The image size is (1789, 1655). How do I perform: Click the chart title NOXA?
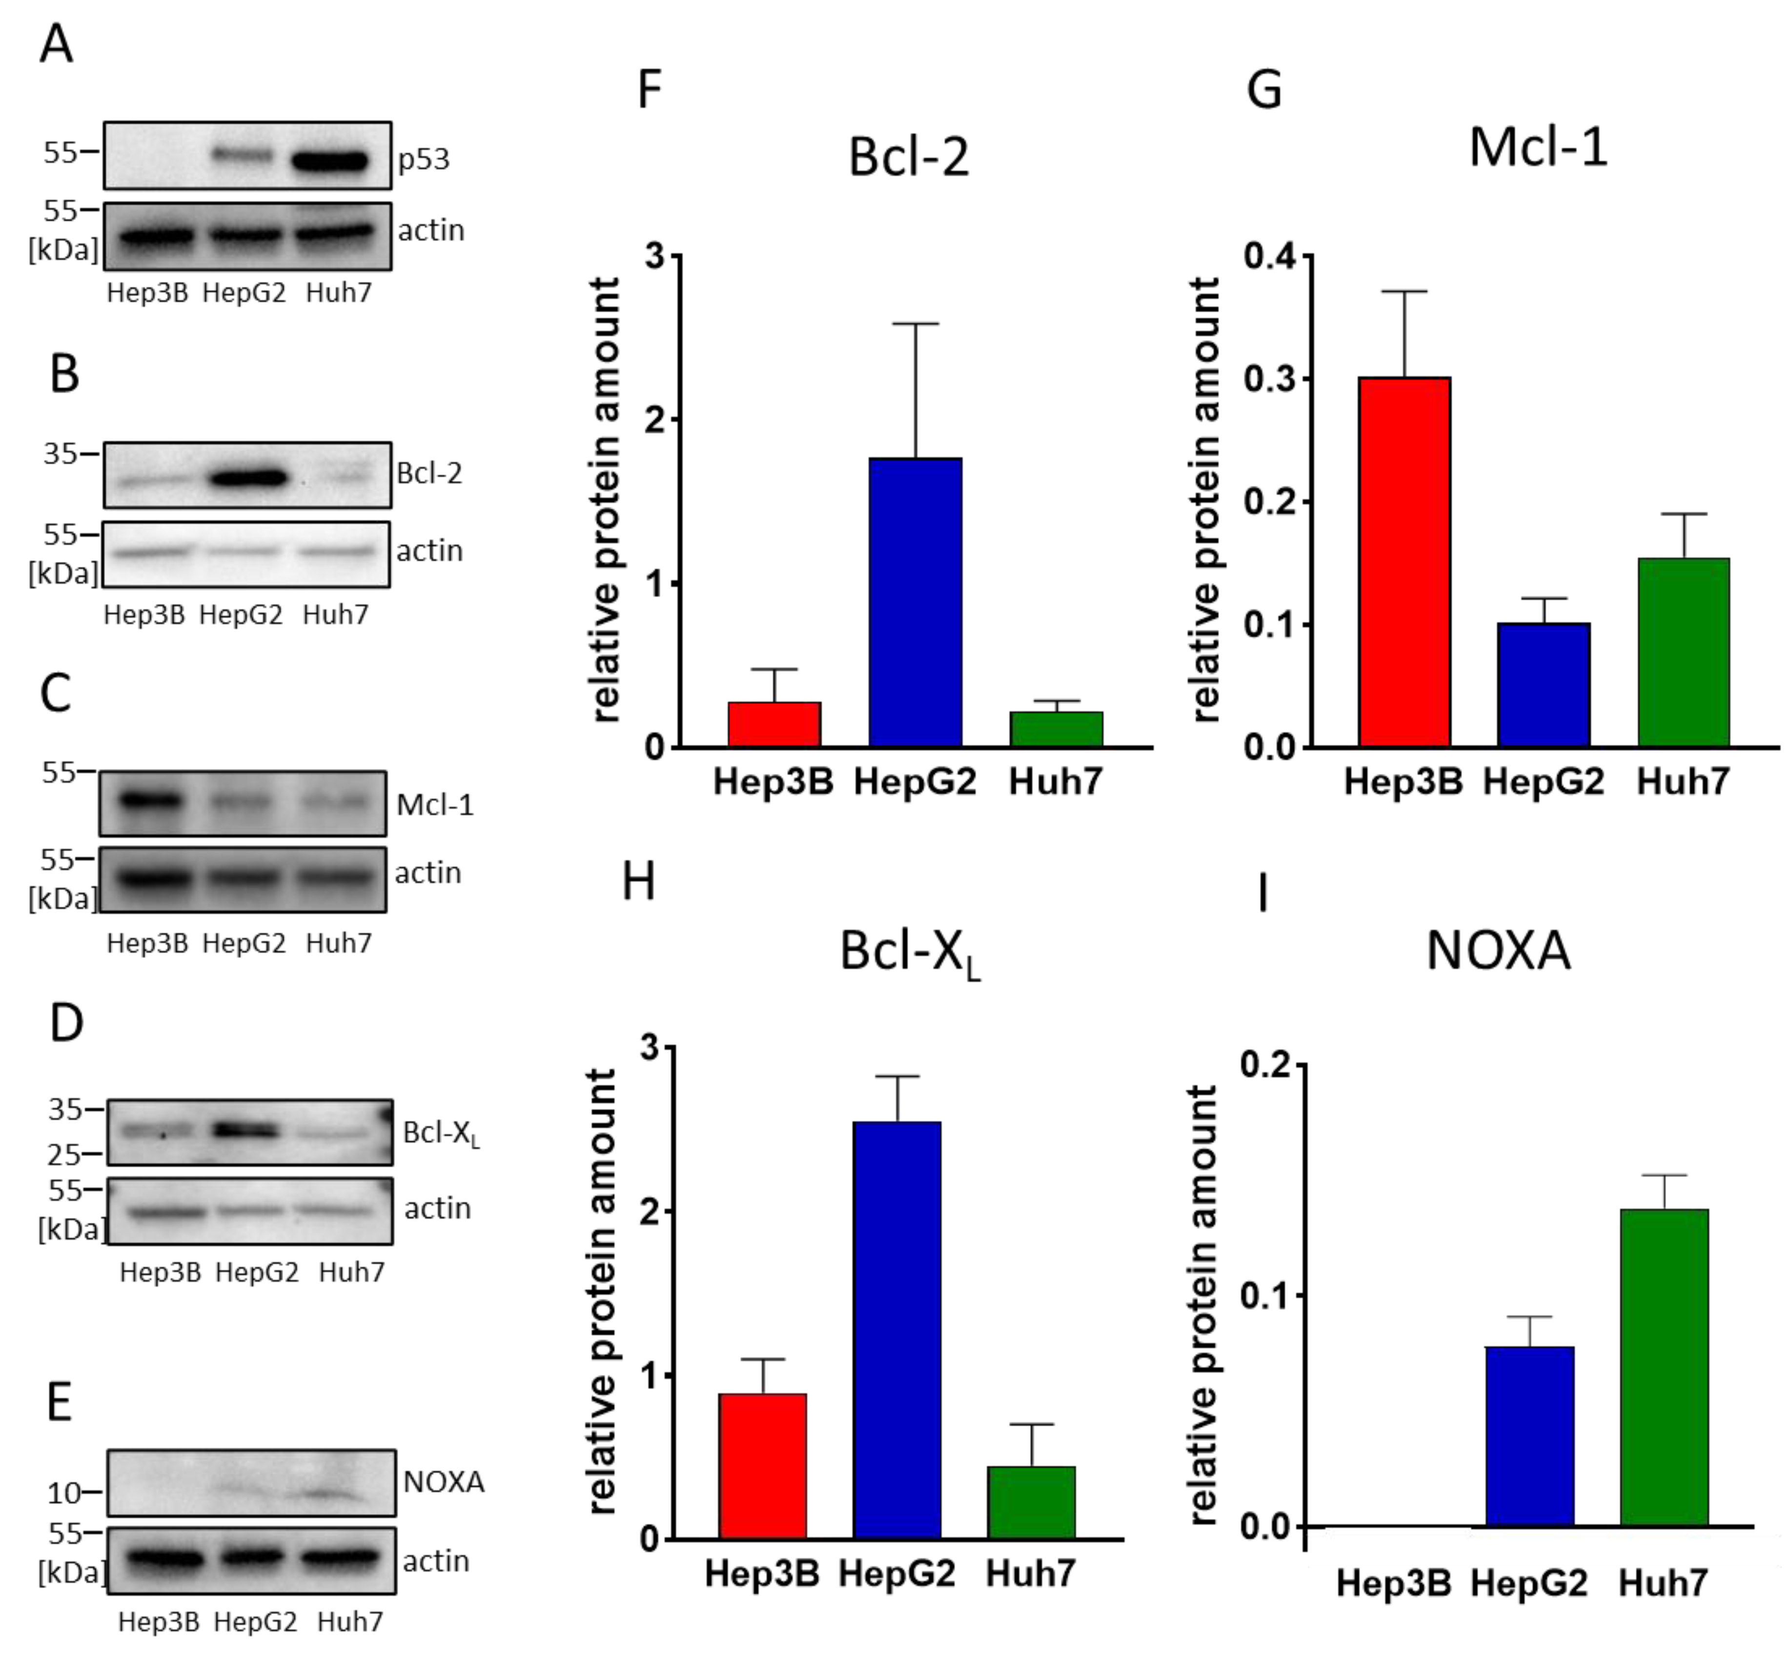(x=1497, y=951)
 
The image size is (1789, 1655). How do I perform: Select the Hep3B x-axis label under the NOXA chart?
(x=1393, y=1583)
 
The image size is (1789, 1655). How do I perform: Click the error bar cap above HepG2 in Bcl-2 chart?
(x=915, y=324)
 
